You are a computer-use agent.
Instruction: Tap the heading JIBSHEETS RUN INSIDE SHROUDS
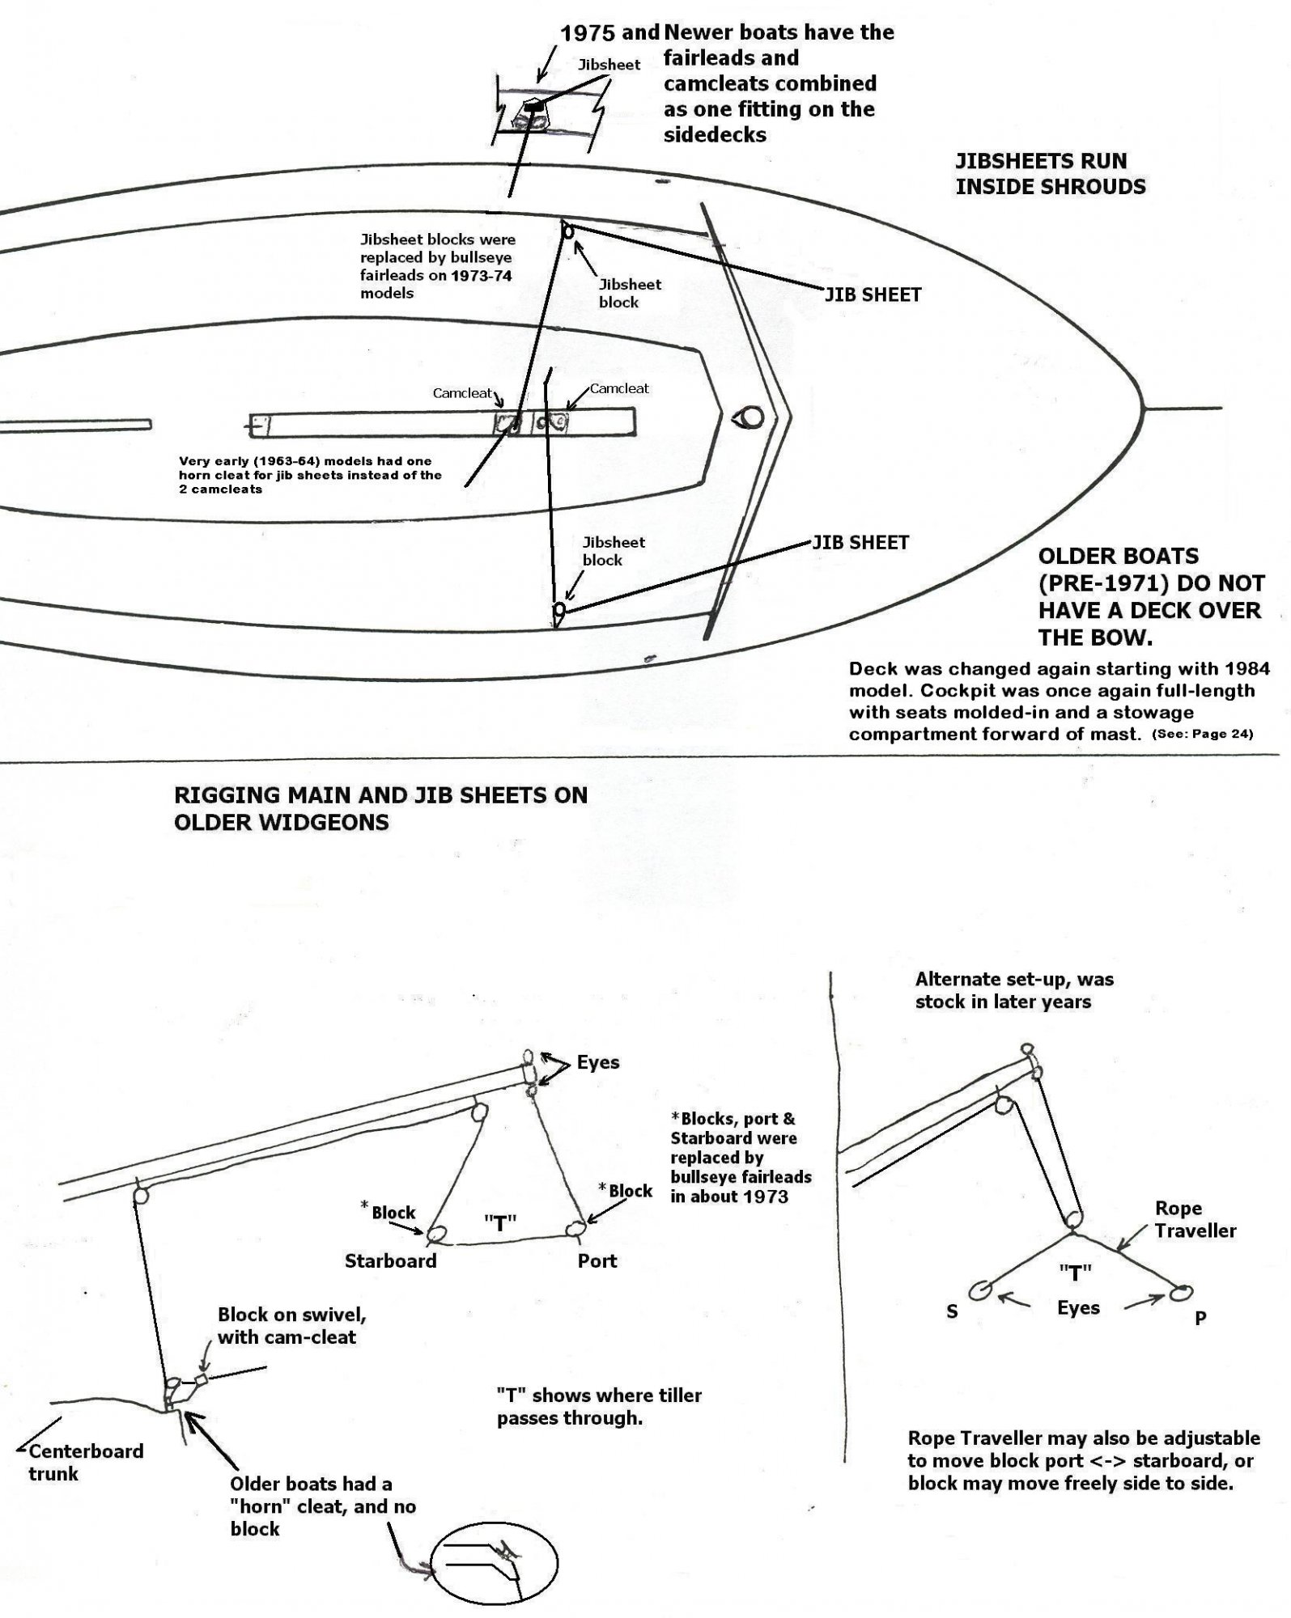click(x=1050, y=174)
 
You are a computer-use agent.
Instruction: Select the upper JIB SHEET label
click(x=873, y=295)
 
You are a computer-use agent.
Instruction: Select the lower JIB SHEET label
click(x=860, y=542)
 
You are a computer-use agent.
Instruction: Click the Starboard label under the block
click(x=390, y=1260)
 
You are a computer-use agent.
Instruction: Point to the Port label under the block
click(x=597, y=1260)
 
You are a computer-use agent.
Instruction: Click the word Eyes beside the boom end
click(x=598, y=1062)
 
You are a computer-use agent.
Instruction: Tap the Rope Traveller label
click(x=1195, y=1219)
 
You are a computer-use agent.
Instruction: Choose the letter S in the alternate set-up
click(x=952, y=1311)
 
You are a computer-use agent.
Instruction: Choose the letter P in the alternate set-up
click(x=1200, y=1318)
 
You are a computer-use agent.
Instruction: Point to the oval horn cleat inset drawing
click(x=496, y=1563)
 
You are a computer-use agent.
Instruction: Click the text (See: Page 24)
click(x=1202, y=735)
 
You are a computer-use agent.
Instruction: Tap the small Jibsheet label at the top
click(x=609, y=65)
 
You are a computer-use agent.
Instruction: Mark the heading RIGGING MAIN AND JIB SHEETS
click(x=380, y=808)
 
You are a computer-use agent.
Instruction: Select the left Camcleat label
click(x=462, y=393)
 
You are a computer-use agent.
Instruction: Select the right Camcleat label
click(x=619, y=388)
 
